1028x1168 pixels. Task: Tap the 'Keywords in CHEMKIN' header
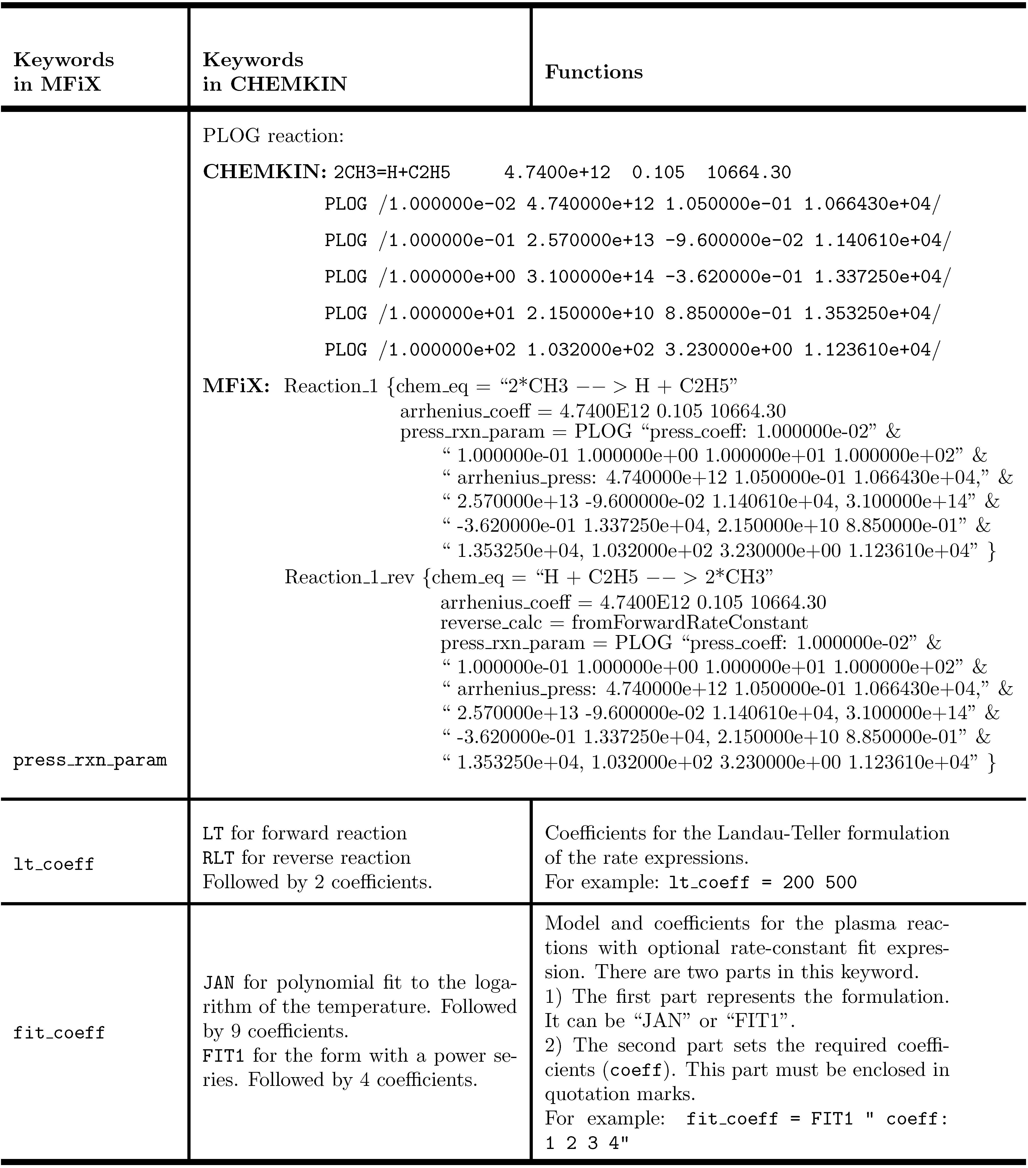(x=274, y=72)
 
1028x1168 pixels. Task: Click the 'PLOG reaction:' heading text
(x=273, y=136)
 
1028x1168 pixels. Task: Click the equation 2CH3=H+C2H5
(x=392, y=173)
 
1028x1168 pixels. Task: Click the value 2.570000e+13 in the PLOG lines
(x=590, y=240)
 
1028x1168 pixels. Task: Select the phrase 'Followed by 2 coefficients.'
(x=317, y=882)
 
